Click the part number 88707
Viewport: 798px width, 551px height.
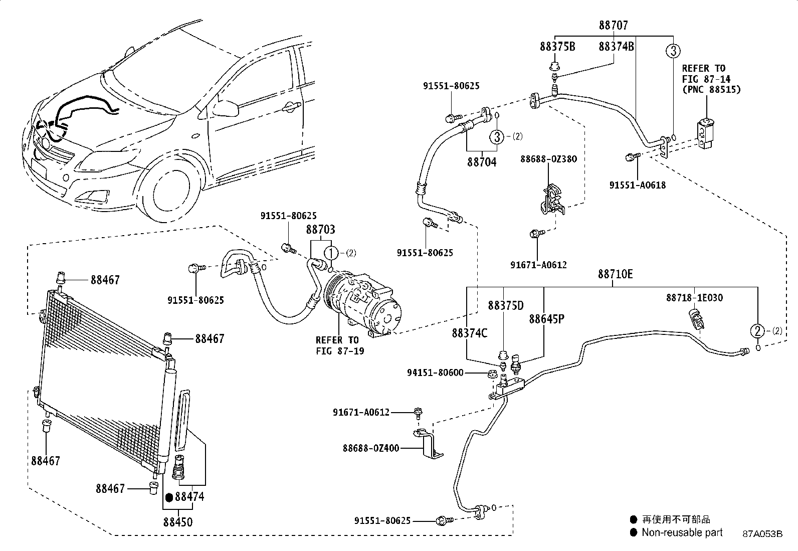pos(613,25)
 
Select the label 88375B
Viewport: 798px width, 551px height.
pos(557,47)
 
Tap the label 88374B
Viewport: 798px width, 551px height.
pos(617,47)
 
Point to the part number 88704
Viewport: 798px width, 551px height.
pos(482,162)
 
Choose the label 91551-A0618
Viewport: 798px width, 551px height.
pos(638,185)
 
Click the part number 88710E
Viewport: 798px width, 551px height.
pos(615,274)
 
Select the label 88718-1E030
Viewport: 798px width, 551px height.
pos(694,298)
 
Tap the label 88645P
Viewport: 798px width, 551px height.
pos(547,319)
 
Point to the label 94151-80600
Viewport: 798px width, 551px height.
pos(435,373)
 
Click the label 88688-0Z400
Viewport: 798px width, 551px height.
pos(371,448)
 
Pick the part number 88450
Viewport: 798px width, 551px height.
pos(177,522)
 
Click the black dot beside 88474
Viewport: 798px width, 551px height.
pos(169,497)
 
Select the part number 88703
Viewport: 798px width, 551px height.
pos(321,230)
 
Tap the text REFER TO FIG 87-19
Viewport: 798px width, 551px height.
pos(337,345)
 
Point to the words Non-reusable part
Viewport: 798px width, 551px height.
pos(682,532)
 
